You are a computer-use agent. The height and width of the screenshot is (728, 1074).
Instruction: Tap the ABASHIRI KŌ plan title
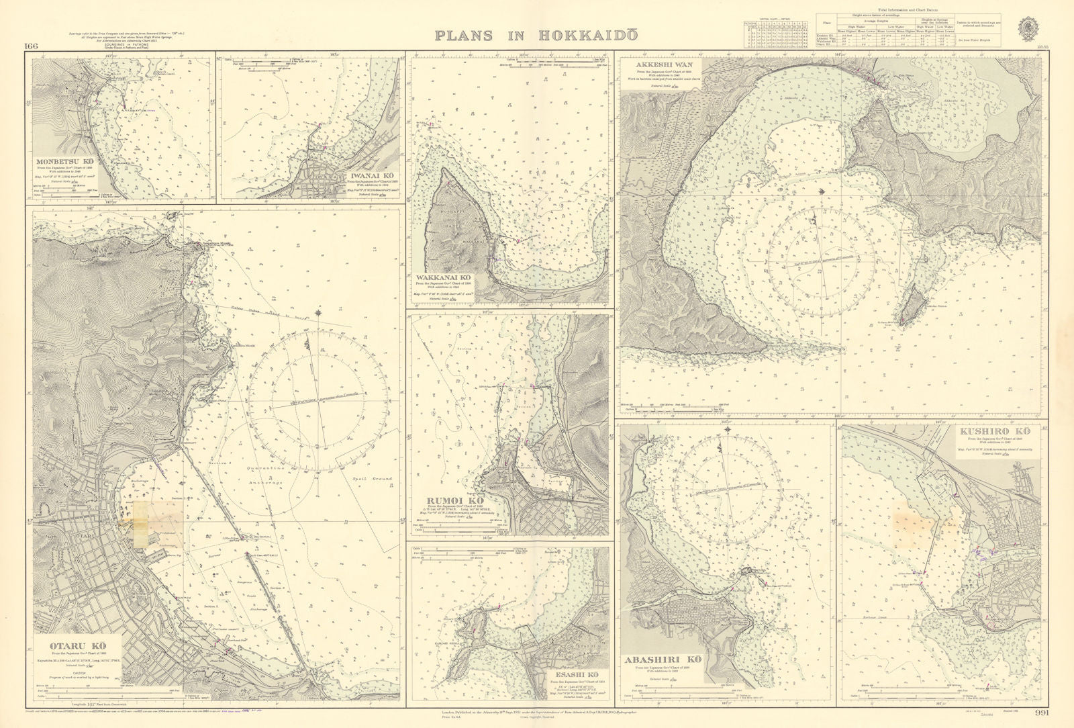[663, 659]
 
